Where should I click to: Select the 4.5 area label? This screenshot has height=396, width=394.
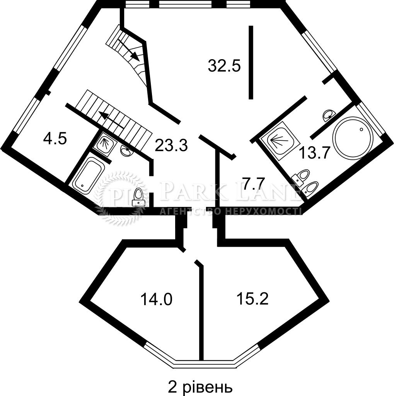coord(55,139)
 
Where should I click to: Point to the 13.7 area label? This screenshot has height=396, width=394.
coord(314,153)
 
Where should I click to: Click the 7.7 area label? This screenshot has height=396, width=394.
coord(253,184)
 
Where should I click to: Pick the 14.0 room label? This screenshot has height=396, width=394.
coord(156,299)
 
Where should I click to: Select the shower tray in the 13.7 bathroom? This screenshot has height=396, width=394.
coord(279,141)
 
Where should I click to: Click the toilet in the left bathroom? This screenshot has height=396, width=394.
coord(139,197)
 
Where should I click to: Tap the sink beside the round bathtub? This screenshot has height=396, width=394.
coord(329,115)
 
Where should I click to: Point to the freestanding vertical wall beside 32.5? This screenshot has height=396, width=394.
coord(251,62)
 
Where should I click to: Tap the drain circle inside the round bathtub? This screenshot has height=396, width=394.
coord(361,129)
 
